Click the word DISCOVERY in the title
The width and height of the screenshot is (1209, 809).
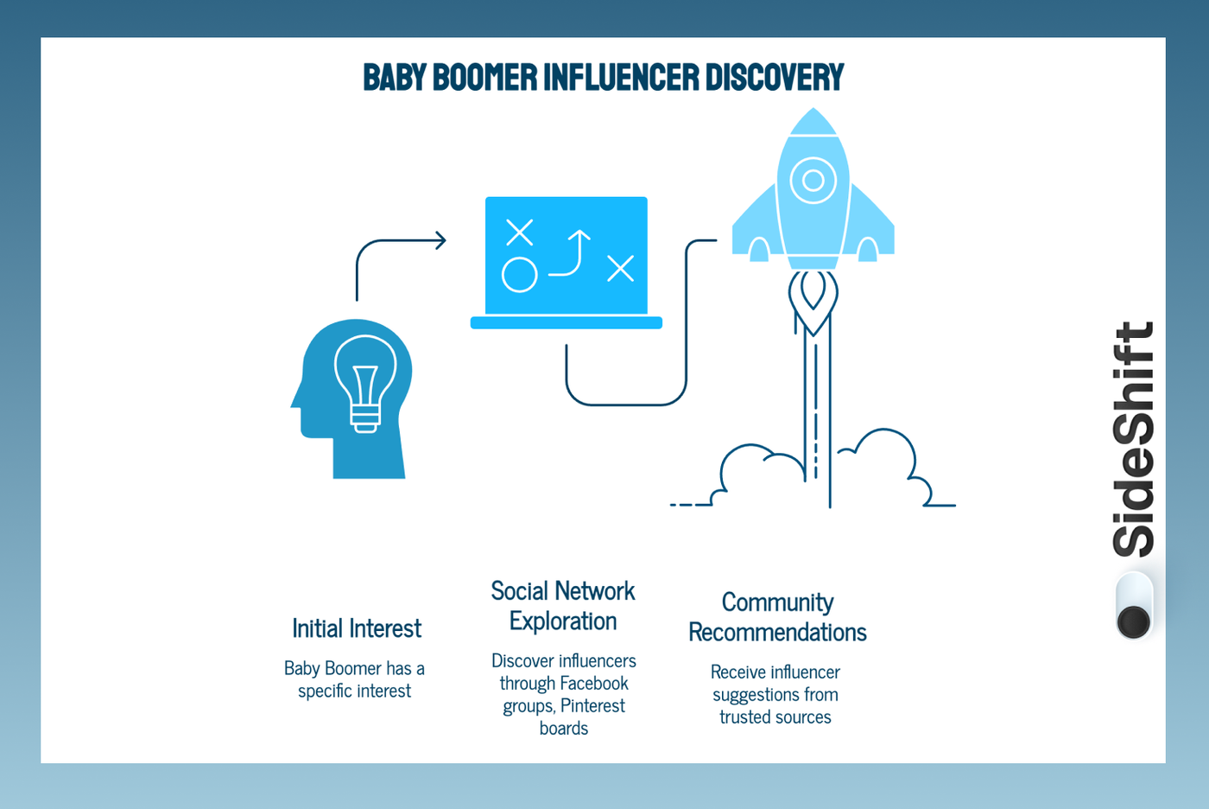774,78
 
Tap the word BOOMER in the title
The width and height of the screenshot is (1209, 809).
484,78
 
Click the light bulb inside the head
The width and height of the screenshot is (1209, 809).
365,380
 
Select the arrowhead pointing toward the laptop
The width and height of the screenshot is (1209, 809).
440,240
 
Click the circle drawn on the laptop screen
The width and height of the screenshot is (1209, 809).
519,275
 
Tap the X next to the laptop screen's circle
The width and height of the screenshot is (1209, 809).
519,233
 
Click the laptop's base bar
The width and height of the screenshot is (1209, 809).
566,323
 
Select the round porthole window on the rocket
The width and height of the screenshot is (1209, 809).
813,181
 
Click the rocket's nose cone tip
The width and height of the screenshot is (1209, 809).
813,112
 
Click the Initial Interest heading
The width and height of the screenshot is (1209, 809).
357,628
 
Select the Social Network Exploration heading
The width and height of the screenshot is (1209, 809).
563,606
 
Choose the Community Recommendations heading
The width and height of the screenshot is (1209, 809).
777,617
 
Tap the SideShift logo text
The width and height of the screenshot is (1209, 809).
1133,439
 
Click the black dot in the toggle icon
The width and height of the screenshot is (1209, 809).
1133,621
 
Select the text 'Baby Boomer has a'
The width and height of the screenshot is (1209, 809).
354,669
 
